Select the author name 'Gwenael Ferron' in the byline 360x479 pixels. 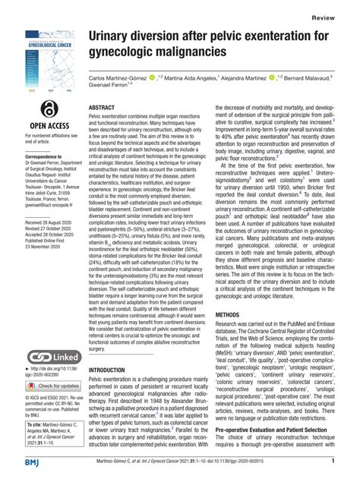(112, 88)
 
